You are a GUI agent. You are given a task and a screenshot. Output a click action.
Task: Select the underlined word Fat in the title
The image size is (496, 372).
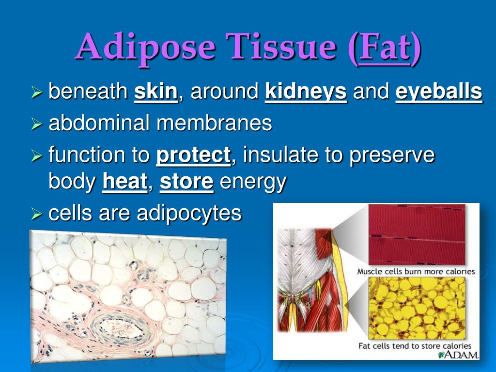[x=385, y=47]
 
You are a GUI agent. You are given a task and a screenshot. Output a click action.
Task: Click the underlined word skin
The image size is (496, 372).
[x=155, y=92]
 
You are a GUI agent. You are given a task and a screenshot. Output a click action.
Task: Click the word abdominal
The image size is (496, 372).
[x=99, y=123]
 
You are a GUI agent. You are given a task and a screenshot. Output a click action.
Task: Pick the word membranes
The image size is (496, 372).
[x=214, y=123]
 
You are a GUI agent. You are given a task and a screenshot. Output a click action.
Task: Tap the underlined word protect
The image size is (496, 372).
[x=193, y=155]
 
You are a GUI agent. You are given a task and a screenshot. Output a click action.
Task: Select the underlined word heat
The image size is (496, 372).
[x=125, y=182]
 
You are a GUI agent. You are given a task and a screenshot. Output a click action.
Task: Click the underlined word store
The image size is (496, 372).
[x=186, y=182]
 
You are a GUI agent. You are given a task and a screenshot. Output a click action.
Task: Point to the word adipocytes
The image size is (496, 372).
[x=189, y=214]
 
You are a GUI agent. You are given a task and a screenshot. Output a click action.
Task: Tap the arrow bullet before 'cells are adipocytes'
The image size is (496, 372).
[x=37, y=215]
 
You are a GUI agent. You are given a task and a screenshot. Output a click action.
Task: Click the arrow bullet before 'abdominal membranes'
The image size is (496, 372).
[x=37, y=124]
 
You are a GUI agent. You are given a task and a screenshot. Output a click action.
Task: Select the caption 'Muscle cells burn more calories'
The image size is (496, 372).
[x=416, y=271]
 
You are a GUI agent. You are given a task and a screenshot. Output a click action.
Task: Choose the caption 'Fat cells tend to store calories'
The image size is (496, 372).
[x=415, y=346]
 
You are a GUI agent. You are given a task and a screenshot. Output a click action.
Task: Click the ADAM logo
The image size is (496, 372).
[x=458, y=355]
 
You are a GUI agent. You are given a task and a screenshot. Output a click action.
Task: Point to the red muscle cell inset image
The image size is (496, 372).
[x=417, y=234]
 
